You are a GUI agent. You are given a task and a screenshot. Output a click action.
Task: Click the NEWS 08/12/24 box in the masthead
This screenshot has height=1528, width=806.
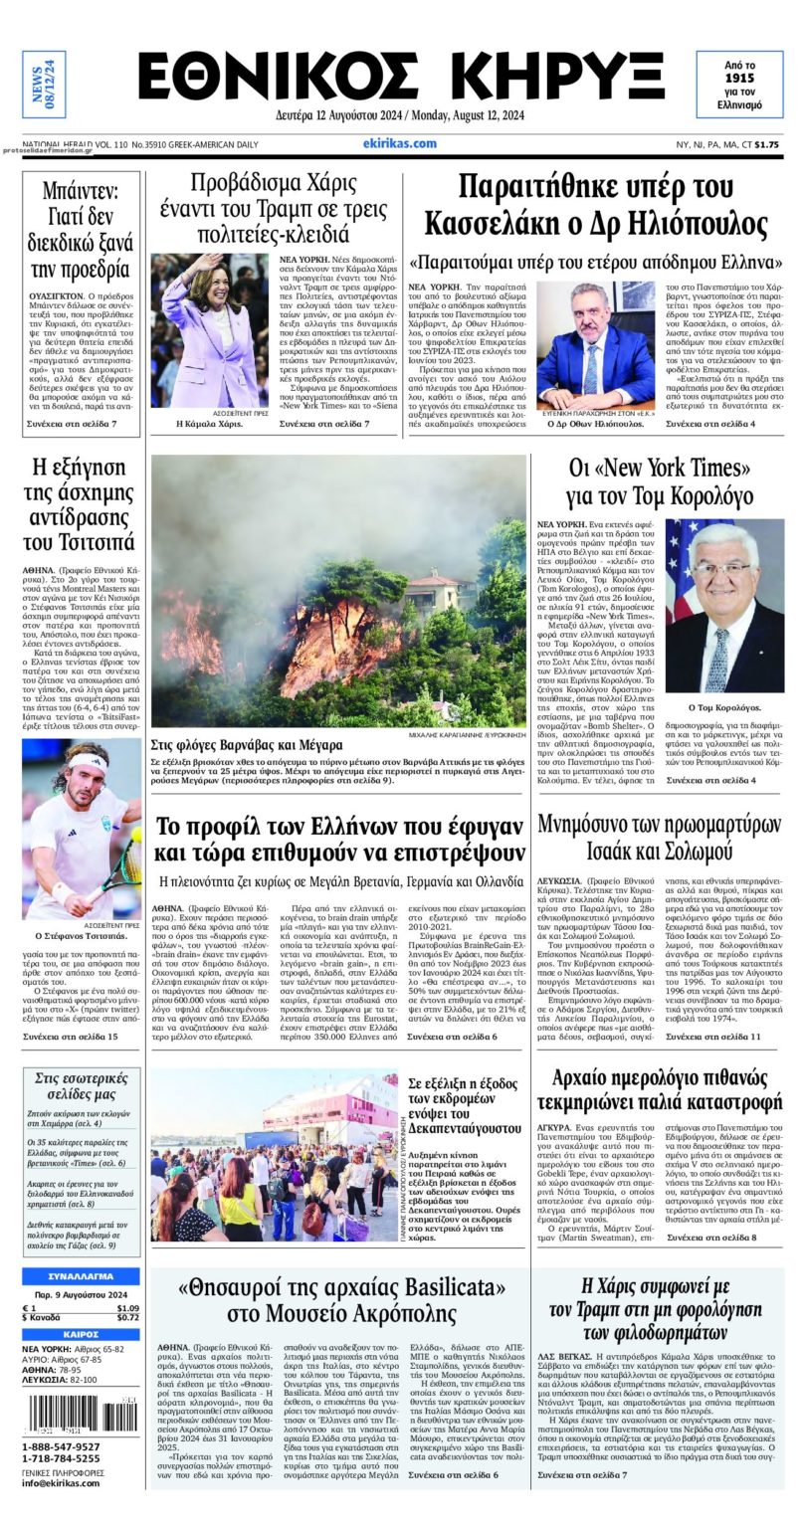[44, 85]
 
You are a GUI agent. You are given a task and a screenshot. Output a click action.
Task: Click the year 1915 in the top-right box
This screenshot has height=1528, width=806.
[739, 77]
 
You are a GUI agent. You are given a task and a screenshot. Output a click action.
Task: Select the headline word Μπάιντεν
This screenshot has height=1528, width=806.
[81, 190]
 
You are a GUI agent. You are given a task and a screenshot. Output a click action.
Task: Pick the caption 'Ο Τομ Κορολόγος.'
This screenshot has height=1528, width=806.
[723, 707]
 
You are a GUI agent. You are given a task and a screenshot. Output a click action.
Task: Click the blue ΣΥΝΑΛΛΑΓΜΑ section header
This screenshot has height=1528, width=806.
[81, 1276]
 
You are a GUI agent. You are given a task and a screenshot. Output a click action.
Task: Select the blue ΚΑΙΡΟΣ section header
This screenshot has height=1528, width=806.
[81, 1334]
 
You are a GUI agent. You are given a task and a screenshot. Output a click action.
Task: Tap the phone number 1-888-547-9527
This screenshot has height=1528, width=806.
[62, 1446]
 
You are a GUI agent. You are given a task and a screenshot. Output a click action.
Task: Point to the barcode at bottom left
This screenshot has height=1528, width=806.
[82, 1413]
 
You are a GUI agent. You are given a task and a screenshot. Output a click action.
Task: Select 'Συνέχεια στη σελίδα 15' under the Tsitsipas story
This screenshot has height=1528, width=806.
[70, 1037]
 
